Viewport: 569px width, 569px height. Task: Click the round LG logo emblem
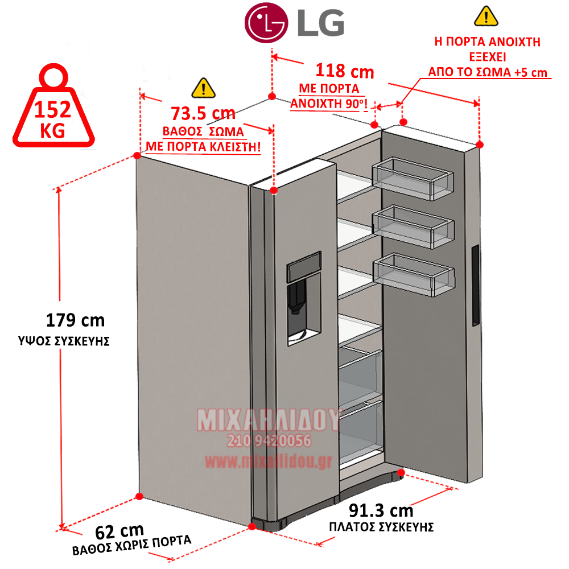(x=266, y=23)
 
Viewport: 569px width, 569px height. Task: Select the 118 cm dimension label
(x=345, y=71)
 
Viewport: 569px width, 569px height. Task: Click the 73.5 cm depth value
(x=203, y=113)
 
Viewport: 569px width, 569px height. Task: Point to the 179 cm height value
(x=76, y=320)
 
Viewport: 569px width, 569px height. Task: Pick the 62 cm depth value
(x=119, y=532)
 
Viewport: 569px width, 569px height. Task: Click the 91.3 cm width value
(x=381, y=510)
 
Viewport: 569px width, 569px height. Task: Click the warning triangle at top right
(x=486, y=16)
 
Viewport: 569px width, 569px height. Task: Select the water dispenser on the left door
(x=304, y=299)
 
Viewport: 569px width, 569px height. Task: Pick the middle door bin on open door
(x=413, y=227)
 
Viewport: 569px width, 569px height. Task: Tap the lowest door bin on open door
(x=414, y=275)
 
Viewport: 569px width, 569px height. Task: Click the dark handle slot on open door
(x=475, y=286)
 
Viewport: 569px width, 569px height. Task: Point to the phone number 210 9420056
(x=269, y=440)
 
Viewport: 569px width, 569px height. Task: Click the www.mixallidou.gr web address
(x=269, y=461)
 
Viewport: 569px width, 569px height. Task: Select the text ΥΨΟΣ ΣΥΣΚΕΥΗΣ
(x=64, y=341)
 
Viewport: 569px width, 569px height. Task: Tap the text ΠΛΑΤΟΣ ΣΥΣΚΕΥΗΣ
(x=381, y=527)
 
